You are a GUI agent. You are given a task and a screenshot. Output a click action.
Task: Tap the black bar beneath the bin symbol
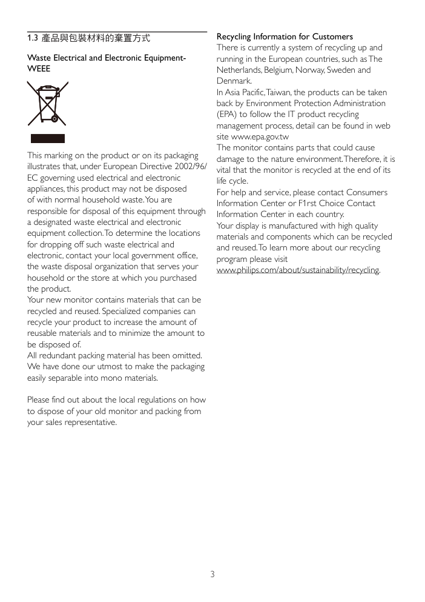pos(48,139)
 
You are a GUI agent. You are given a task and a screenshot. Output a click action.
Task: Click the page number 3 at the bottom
pos(212,574)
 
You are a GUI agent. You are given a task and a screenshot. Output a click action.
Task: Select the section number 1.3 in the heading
pos(33,38)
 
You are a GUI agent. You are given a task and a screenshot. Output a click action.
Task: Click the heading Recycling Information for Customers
pos(285,37)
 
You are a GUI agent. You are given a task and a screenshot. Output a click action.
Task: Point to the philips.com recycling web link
pos(298,270)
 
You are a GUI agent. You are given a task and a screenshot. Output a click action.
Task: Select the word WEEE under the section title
pos(39,69)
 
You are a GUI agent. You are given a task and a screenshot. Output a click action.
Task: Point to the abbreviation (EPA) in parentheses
pos(228,115)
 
